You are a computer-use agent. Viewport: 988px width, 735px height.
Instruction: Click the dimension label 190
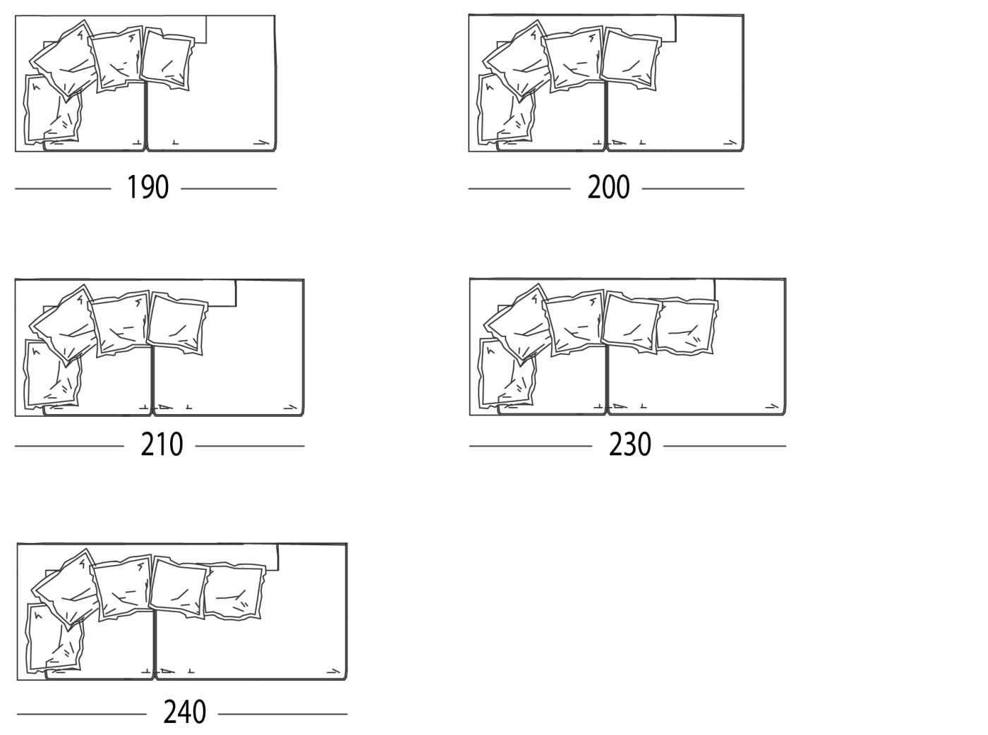pos(148,187)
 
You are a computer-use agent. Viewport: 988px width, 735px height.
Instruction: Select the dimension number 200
pos(608,187)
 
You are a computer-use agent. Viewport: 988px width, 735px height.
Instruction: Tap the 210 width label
pos(162,444)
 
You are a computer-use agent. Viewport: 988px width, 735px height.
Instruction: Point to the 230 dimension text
pos(630,444)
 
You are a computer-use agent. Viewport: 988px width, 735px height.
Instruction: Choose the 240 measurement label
pos(184,712)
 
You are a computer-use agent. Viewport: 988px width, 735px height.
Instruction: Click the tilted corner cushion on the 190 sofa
pos(65,60)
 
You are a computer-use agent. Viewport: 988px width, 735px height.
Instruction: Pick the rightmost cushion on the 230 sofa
pos(687,327)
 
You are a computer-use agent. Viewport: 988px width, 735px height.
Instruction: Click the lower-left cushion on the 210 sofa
pos(52,374)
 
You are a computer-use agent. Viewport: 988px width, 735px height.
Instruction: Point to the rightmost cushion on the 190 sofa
pos(167,59)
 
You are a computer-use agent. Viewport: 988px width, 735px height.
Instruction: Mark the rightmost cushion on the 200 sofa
pos(630,59)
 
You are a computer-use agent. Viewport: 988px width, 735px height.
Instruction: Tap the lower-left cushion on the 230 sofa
pos(506,373)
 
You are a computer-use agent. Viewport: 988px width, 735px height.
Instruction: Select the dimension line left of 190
pos(63,189)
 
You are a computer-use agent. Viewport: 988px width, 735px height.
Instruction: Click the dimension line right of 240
pos(283,714)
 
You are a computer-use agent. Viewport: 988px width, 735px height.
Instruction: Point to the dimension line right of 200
pos(693,189)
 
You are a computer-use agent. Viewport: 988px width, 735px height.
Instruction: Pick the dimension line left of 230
pos(531,446)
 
